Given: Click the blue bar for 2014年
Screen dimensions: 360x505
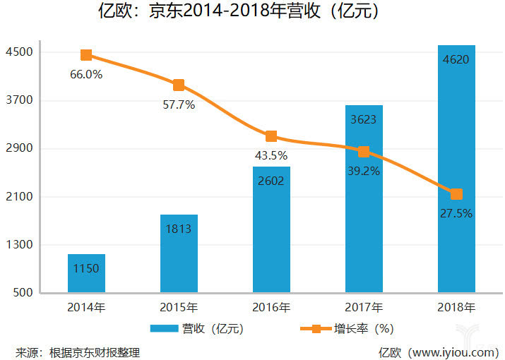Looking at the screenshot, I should click(x=86, y=273).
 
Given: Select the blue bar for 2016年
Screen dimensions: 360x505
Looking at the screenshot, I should click(x=271, y=229).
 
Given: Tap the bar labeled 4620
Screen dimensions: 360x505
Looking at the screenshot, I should click(x=456, y=169).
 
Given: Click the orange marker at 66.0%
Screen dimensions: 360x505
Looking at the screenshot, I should click(x=86, y=55).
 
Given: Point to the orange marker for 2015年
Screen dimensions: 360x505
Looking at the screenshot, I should click(x=179, y=85).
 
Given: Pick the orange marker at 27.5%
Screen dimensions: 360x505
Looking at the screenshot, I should click(x=456, y=194).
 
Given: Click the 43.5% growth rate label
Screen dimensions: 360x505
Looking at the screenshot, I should click(x=271, y=155).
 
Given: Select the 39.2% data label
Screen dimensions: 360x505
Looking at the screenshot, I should click(x=364, y=171).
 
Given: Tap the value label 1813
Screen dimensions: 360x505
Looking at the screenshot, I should click(x=179, y=229).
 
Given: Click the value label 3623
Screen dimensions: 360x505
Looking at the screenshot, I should click(x=364, y=119).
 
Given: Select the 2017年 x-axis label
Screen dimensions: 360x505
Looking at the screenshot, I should click(x=364, y=308).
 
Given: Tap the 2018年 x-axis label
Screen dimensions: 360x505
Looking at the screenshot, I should click(x=456, y=308).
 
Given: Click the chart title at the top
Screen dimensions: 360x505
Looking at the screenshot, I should click(x=252, y=12).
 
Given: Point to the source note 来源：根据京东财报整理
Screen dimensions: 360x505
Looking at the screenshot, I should click(x=78, y=352).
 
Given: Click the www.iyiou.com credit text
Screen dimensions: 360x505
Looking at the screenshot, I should click(x=439, y=352).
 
